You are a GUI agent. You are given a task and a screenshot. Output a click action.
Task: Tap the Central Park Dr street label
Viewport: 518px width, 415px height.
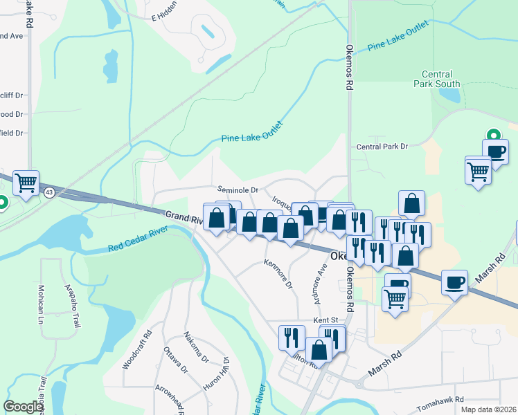(382, 147)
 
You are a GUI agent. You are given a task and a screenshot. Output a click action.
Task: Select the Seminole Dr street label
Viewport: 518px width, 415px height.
(238, 190)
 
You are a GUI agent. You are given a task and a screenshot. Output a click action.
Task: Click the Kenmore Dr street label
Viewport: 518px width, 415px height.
(278, 274)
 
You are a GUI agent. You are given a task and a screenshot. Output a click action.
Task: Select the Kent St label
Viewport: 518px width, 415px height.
(325, 320)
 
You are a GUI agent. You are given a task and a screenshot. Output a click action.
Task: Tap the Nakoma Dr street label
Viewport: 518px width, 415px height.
(196, 348)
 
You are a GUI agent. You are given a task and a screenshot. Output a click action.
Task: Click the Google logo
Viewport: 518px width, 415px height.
(23, 407)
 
